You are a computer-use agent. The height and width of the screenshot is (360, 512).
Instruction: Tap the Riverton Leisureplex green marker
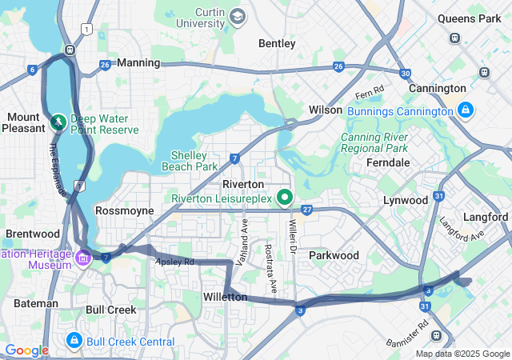pos(284,197)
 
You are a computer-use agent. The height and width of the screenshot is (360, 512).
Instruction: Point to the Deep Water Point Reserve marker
pos(58,122)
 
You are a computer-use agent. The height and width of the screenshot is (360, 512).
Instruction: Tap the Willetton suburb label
pos(225,297)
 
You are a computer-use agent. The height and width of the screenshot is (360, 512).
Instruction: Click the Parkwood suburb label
pos(334,255)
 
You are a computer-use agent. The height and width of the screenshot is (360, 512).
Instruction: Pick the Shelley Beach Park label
pos(190,161)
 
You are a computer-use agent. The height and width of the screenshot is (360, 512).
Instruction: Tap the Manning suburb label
pos(138,62)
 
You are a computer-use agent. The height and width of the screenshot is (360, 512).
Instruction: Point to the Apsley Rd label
pos(175,262)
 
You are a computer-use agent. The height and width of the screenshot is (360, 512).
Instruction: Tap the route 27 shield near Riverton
pos(307,210)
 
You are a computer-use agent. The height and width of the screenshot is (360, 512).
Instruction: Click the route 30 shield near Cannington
pos(406,73)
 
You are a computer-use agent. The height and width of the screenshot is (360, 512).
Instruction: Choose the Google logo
pos(26,350)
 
